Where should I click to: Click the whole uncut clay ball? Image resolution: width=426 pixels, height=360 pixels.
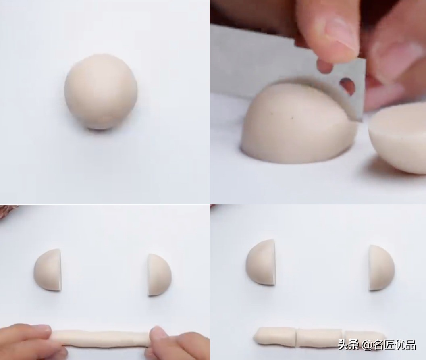coord(101,92)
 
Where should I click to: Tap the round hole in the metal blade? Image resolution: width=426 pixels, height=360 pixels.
coord(347,85)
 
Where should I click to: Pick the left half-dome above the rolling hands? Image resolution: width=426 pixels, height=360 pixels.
coord(48,270)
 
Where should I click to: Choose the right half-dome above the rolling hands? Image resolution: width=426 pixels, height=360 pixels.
coord(159,275)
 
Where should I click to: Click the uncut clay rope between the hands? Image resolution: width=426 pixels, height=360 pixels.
coord(101,337)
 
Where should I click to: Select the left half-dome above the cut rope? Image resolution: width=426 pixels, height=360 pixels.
coord(261,262)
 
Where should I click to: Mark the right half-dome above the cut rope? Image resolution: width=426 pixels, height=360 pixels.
coord(381,268)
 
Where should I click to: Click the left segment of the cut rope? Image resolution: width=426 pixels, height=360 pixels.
coord(275,336)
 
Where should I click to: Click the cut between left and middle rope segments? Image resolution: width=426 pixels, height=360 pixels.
coord(297,336)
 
